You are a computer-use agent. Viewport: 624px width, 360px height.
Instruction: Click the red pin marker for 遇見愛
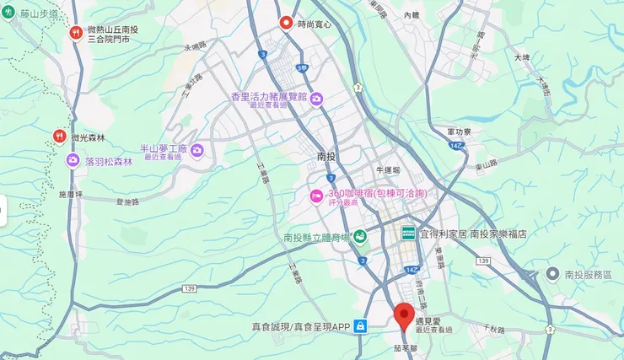pos(404,314)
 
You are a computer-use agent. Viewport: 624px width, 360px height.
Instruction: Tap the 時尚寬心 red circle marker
pos(286,24)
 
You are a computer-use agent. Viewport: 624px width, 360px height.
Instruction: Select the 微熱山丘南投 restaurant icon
pos(76,33)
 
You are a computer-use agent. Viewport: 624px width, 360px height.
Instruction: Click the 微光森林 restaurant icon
pos(59,136)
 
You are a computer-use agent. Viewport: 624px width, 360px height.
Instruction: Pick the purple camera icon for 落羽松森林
pos(73,160)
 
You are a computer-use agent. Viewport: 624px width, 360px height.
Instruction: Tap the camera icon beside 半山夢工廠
pos(197,151)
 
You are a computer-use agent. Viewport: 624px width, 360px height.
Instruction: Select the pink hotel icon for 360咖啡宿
pos(316,196)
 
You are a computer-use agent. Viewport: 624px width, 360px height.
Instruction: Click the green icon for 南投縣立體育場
pos(360,237)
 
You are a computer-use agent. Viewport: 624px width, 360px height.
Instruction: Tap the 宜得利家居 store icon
pos(408,234)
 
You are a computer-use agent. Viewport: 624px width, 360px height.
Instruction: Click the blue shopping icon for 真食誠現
pos(360,326)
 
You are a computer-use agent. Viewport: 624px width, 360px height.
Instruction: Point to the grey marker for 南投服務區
pos(552,274)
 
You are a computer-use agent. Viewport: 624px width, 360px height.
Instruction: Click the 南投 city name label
pos(326,157)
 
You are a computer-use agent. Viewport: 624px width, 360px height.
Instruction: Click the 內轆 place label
pos(412,15)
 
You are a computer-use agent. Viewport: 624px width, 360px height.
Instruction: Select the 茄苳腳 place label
pos(404,346)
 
